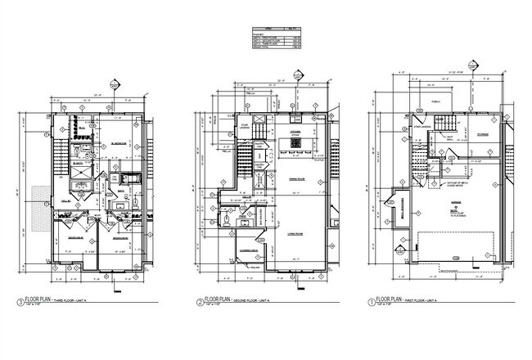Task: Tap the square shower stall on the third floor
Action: pyautogui.click(x=83, y=152)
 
